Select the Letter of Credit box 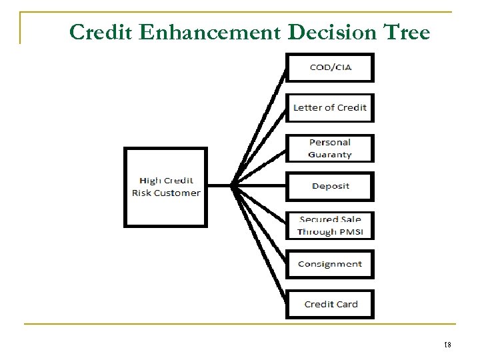point(330,107)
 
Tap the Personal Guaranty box point(330,148)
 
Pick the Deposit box point(330,185)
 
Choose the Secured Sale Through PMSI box point(330,225)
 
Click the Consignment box point(330,264)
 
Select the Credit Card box point(330,304)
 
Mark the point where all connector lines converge point(232,186)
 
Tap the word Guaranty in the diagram point(330,155)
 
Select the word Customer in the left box point(175,193)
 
